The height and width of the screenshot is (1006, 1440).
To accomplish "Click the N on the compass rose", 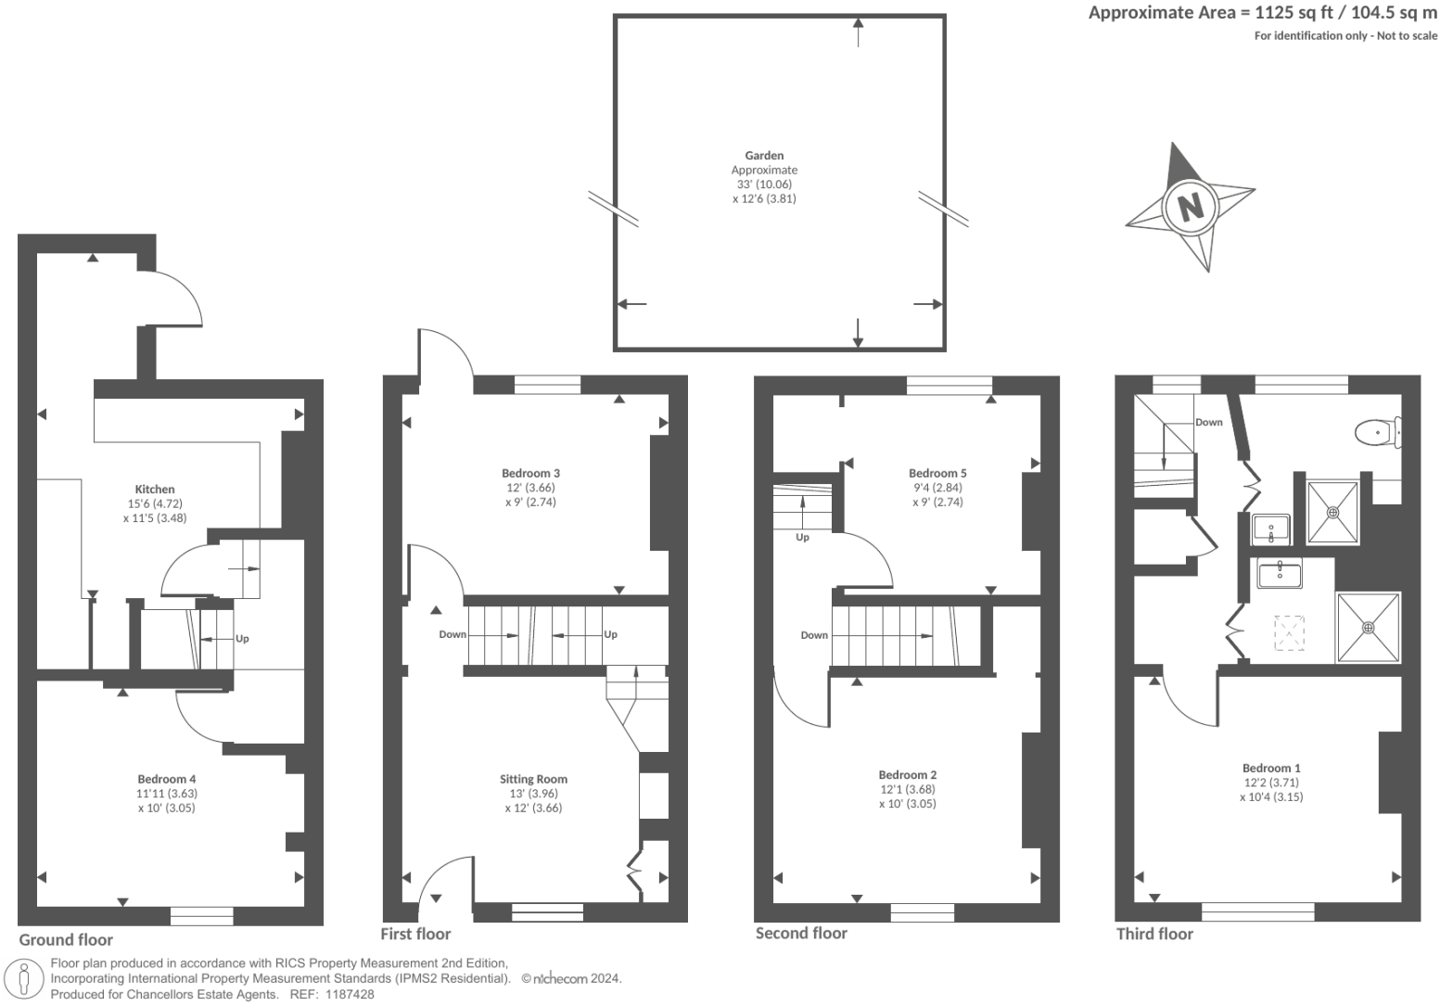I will point(1190,206).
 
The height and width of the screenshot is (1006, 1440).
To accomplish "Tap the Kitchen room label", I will point(155,490).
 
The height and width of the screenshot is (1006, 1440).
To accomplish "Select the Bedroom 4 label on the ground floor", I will point(167,779).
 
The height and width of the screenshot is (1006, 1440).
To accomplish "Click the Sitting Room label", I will point(533,779).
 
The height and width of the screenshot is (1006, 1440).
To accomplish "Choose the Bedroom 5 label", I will point(937,473).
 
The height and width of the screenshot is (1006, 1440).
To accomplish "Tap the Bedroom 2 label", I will point(908,774).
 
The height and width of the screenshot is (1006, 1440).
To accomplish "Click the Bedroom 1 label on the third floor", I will point(1271,768).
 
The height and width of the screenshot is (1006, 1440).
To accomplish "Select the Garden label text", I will point(764,156).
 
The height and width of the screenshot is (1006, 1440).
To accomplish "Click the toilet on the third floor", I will point(1376,432).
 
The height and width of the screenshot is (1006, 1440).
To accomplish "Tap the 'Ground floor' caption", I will point(66,939).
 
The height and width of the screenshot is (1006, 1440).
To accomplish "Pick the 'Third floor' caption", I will point(1154,934).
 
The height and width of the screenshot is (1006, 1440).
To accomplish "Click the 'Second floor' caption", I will point(801,933).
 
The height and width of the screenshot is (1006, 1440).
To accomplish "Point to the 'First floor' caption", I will point(415,934).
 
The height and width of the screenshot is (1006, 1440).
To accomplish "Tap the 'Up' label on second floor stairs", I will point(802,537).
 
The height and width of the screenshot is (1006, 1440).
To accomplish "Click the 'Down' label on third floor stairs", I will point(1208,422).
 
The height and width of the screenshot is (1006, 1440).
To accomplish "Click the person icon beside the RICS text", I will point(25,979).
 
